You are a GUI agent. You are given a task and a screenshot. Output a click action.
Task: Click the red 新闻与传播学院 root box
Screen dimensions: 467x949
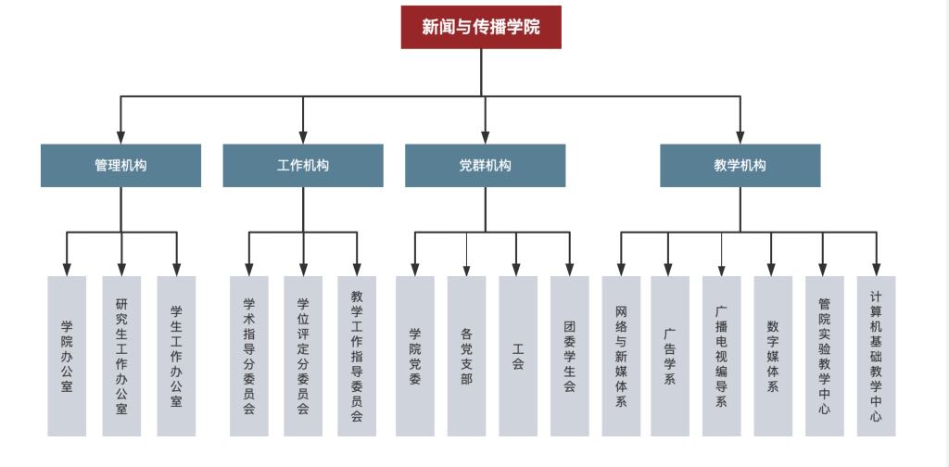481,27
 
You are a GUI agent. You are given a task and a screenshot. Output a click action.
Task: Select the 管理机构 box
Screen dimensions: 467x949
120,166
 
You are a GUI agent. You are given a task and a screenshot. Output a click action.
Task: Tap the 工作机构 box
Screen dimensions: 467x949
303,166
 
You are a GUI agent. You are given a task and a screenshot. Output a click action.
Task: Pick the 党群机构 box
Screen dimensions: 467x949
485,166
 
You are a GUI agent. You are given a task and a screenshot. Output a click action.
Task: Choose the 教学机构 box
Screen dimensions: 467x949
740,166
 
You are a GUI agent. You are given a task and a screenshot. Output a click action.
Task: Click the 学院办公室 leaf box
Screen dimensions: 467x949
67,356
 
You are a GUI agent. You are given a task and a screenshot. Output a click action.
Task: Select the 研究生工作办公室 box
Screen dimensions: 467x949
121,356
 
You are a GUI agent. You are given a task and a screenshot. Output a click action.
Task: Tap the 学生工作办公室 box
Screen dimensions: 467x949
176,356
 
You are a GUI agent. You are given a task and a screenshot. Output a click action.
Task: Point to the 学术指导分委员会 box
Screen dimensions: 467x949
249,356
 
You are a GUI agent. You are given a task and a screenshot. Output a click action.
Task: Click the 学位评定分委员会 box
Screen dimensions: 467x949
303,356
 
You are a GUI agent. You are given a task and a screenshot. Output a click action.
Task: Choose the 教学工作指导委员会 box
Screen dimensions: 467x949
357,356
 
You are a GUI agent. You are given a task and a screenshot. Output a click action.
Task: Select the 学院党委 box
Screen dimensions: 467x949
415,356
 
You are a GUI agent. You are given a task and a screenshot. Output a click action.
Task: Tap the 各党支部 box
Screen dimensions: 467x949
466,356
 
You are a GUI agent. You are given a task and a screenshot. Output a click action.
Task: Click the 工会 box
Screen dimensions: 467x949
518,356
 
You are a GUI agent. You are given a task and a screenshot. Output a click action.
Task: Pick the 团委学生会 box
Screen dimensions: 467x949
570,356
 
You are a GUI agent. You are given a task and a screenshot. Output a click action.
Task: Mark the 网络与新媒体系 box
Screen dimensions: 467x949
621,356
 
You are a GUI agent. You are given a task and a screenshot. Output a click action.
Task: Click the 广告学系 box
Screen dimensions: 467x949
669,356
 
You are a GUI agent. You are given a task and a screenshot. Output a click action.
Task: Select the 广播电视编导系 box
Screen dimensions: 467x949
722,356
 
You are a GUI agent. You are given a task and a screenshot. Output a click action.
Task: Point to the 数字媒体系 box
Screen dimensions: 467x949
773,356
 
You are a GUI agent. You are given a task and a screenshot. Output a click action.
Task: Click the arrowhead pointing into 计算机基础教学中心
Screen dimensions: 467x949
876,269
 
